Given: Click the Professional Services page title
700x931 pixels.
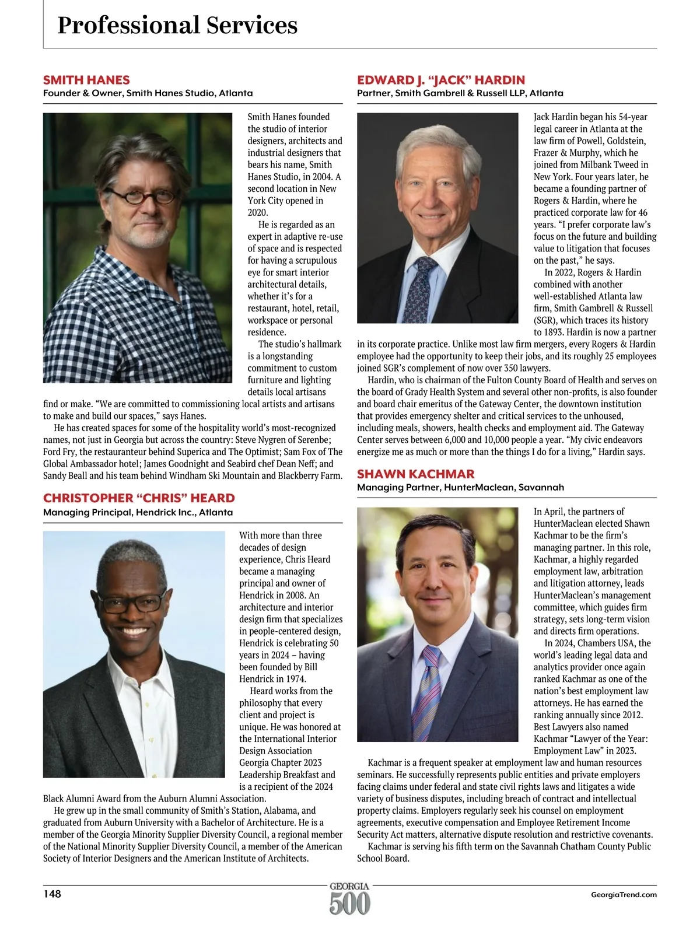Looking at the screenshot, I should coord(177,26).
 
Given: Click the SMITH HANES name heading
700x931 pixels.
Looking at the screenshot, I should coord(86,80).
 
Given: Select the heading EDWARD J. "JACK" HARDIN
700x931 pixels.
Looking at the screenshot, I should coord(441,80).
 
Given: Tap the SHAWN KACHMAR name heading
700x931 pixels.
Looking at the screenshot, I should coord(416,474).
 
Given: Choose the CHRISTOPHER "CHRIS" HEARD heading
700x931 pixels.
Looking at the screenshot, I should coord(139,498).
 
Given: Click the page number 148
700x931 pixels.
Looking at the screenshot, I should coord(52,894).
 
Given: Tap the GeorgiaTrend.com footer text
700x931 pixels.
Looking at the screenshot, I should coord(624,894).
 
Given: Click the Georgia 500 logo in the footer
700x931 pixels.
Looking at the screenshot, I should coord(349,898).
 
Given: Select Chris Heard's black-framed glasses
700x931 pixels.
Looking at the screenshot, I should coord(132,601).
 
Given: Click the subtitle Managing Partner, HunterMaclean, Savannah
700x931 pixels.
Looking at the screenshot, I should coord(460,487).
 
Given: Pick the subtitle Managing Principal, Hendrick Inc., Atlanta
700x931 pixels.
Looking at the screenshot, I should coord(138,512).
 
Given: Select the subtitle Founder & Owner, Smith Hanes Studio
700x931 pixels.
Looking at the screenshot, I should coord(148,93).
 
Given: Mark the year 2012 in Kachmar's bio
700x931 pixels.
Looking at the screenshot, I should coord(629,715).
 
